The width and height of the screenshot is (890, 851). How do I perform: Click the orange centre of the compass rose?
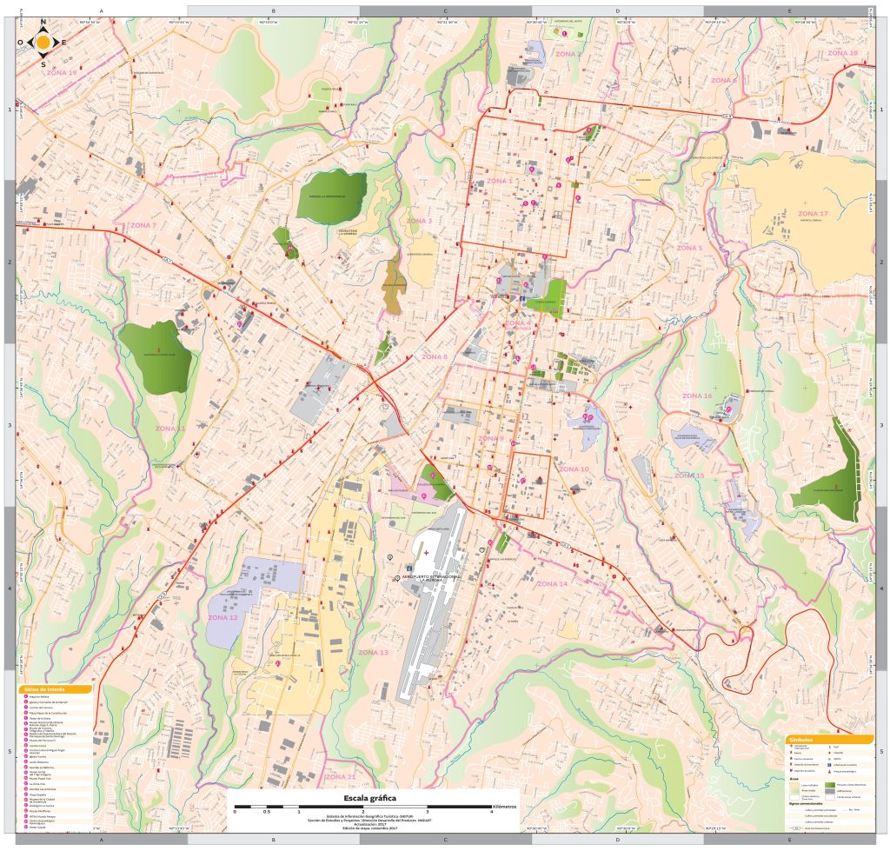coord(43,42)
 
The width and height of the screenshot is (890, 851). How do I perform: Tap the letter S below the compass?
coord(43,63)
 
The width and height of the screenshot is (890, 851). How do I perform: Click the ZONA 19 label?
coord(62,73)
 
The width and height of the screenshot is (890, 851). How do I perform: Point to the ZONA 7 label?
coord(143,225)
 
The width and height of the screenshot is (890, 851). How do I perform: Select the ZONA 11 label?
coord(170,429)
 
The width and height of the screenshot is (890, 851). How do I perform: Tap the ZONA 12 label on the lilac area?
coord(222,617)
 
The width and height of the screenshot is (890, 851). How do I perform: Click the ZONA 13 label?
coord(373,652)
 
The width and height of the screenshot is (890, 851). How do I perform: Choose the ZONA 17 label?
coord(813,213)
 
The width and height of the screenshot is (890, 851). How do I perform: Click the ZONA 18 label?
coord(841,53)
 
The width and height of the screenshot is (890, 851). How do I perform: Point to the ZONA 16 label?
coord(697,396)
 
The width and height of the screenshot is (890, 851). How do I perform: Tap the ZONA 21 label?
coord(340,775)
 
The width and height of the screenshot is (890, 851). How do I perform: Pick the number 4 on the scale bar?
coord(492,812)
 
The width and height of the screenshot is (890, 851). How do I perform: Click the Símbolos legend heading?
coord(826,740)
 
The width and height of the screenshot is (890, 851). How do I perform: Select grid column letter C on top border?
coord(446,10)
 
